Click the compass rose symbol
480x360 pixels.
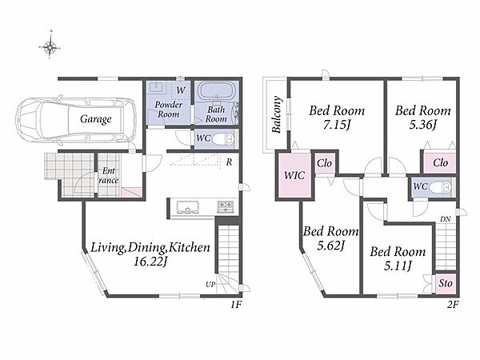pyautogui.click(x=50, y=47)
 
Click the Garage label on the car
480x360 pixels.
pyautogui.click(x=95, y=119)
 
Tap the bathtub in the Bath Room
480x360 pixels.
pyautogui.click(x=217, y=90)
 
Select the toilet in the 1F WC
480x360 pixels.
pyautogui.click(x=223, y=139)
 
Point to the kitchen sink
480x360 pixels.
pyautogui.click(x=188, y=207)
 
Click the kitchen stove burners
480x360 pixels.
pyautogui.click(x=226, y=206)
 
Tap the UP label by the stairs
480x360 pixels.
pyautogui.click(x=210, y=284)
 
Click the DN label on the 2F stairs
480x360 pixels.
pyautogui.click(x=446, y=219)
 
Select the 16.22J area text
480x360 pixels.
pyautogui.click(x=150, y=262)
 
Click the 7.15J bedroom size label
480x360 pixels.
pyautogui.click(x=337, y=125)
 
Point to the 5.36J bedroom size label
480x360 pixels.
pyautogui.click(x=422, y=125)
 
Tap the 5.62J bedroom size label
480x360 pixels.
pyautogui.click(x=331, y=246)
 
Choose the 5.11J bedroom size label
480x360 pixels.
pyautogui.click(x=398, y=266)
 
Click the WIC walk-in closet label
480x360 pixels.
pyautogui.click(x=294, y=175)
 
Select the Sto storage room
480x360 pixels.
pyautogui.click(x=446, y=283)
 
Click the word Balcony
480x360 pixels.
pyautogui.click(x=277, y=114)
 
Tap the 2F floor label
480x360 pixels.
pyautogui.click(x=453, y=305)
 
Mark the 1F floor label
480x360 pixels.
pyautogui.click(x=236, y=305)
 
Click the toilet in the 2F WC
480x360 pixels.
pyautogui.click(x=440, y=186)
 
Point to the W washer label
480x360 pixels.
pyautogui.click(x=181, y=90)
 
